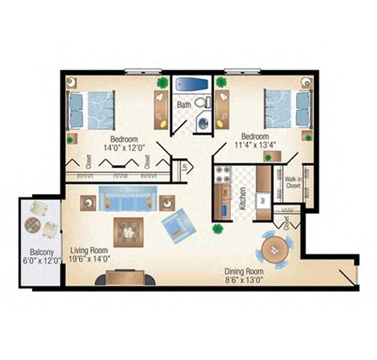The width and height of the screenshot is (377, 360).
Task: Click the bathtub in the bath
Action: (188, 83)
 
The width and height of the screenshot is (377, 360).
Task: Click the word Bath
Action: (184, 105)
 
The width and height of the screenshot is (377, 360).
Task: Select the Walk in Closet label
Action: (294, 183)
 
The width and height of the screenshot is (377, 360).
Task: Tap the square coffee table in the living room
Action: (128, 230)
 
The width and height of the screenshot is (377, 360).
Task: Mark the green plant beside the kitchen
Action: (217, 230)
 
